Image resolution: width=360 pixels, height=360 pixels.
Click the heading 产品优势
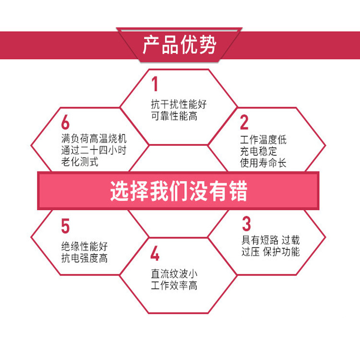[180, 45]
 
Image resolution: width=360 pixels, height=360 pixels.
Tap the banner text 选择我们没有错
[179, 191]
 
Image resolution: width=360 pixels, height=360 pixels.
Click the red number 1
[155, 84]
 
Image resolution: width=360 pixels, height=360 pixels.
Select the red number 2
[244, 122]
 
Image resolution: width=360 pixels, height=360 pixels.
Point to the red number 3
[246, 224]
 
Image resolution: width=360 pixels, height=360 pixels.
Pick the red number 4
[155, 253]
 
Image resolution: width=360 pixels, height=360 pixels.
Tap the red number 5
[65, 226]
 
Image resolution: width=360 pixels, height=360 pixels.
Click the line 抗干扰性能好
[179, 105]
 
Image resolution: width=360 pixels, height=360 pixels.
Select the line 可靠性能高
[174, 116]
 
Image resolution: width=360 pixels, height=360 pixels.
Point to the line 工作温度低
[263, 140]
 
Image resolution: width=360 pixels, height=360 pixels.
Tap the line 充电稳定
[258, 152]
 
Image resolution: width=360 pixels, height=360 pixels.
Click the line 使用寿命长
[263, 163]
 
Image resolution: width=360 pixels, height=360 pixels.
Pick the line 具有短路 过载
[270, 240]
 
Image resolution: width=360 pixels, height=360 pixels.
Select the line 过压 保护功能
[270, 252]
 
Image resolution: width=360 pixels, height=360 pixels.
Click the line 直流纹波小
[174, 274]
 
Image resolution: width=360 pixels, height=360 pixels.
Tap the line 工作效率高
[174, 286]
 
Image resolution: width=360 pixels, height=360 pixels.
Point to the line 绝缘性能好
[84, 247]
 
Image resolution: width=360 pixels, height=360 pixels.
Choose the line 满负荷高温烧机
[94, 139]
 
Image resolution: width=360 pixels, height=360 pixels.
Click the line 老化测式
[80, 162]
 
